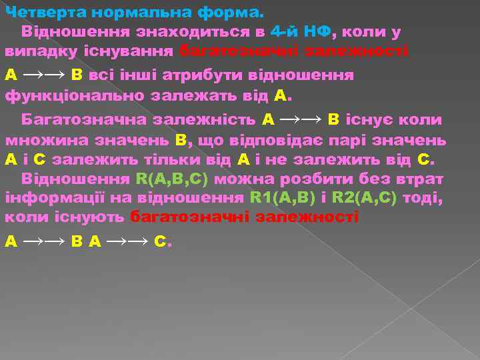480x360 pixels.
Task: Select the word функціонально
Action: pyautogui.click(x=73, y=95)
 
